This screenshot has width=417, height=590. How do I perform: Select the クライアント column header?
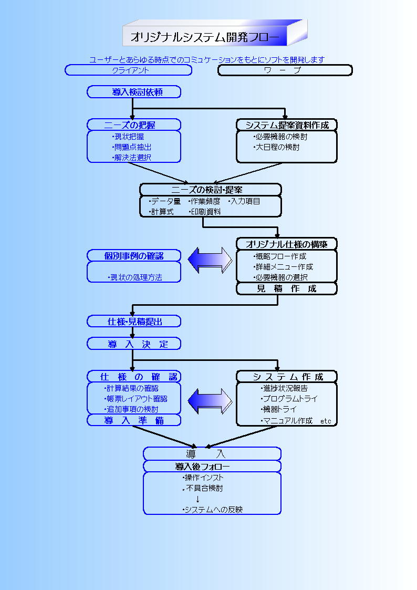[129, 70]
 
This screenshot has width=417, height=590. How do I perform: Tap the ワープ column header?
[285, 70]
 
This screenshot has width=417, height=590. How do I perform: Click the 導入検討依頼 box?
[134, 92]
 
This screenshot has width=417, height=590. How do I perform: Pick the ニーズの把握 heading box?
[134, 125]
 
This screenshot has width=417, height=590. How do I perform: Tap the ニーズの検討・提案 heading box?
[210, 189]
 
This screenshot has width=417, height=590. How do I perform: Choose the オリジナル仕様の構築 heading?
[286, 244]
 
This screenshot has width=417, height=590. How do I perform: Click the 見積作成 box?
[286, 288]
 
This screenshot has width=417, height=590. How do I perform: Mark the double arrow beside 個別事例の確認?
[210, 260]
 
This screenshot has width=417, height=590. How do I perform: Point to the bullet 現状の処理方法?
[134, 277]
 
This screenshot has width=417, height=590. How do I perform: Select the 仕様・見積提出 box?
[134, 321]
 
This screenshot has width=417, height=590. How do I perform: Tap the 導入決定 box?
[134, 344]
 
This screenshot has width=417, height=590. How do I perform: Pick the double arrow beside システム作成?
[210, 401]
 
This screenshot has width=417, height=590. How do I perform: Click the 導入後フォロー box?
[212, 466]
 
